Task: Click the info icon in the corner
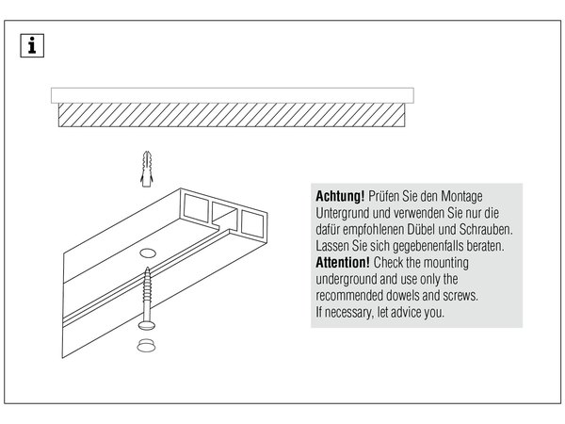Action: click(32, 46)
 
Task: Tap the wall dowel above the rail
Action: click(147, 169)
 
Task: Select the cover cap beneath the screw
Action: click(146, 345)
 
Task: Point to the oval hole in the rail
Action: click(148, 253)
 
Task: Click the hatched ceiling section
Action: click(232, 115)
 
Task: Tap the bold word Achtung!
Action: click(340, 197)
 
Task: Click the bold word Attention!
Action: click(343, 263)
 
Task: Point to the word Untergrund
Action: click(343, 213)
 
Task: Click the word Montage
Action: click(461, 197)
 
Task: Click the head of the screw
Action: click(147, 325)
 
